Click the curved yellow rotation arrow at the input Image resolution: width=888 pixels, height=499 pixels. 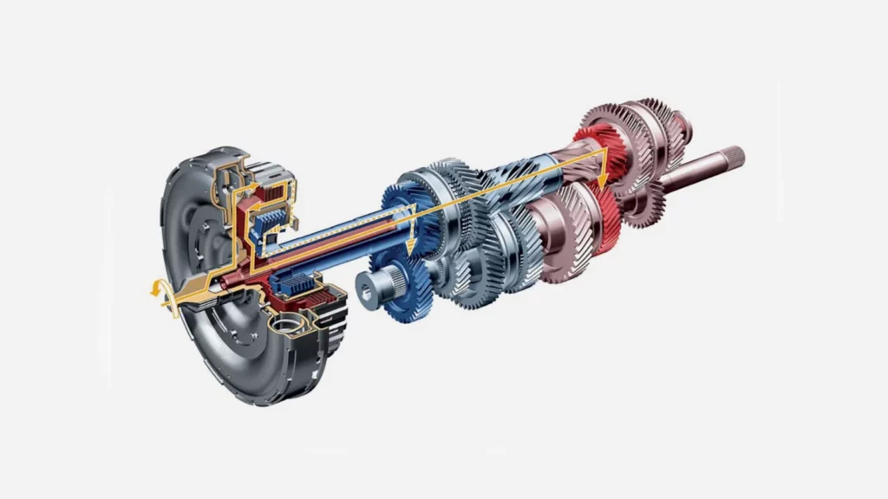157,294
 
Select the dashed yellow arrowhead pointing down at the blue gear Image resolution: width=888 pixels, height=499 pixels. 410,247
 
